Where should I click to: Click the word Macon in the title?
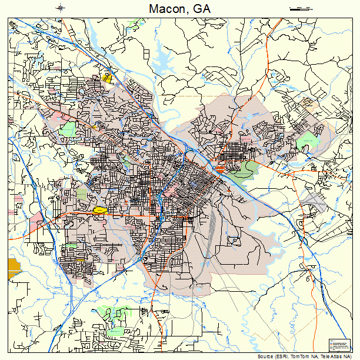165,9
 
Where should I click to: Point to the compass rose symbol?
61,8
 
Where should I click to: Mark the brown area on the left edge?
14,268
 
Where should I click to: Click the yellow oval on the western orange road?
99,209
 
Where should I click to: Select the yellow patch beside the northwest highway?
107,78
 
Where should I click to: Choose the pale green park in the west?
68,129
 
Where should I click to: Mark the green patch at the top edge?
138,25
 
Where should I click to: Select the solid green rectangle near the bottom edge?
115,332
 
